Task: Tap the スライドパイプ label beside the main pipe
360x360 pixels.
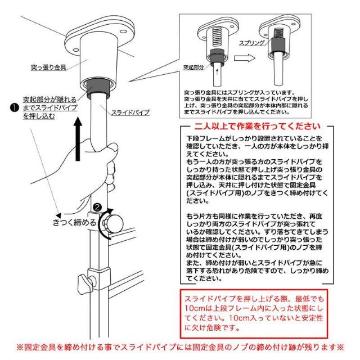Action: coord(132,112)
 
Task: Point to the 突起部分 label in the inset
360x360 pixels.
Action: coord(192,65)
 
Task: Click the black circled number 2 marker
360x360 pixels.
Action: coord(98,208)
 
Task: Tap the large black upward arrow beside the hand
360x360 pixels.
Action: coord(79,130)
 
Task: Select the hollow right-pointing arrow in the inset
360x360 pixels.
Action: coord(243,57)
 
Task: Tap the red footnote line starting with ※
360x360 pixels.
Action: coord(180,347)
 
